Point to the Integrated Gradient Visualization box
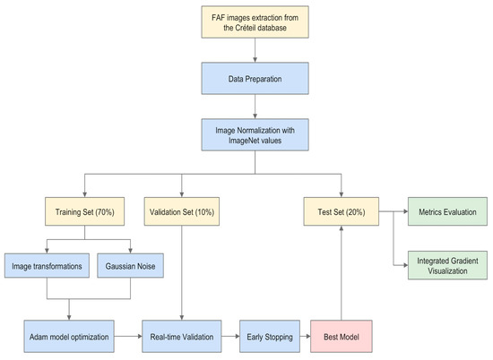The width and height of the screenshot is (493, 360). pos(442,264)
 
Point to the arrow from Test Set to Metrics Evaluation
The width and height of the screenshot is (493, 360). pos(394,212)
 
